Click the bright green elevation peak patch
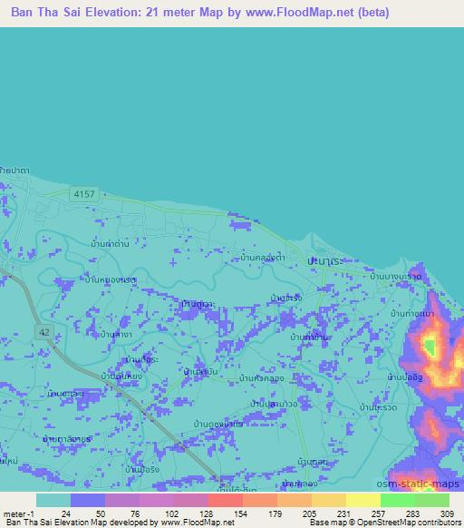(430, 346)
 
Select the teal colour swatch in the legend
(53, 500)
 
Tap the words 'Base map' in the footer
(326, 523)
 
